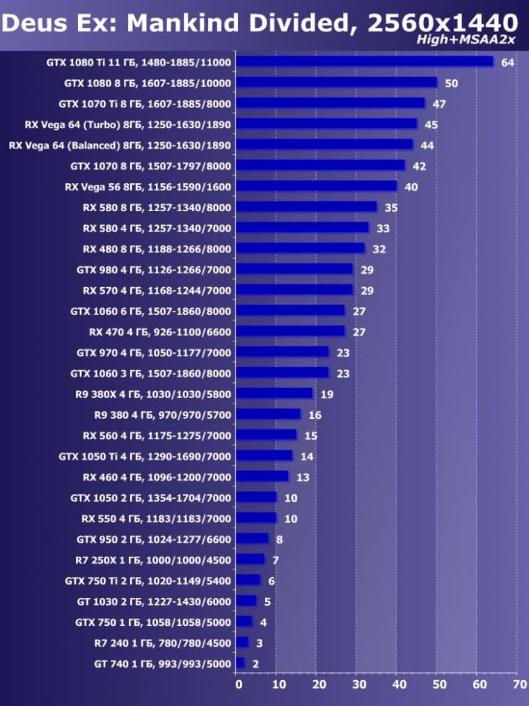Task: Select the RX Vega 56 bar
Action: [x=316, y=186]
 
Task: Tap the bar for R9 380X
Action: [x=274, y=394]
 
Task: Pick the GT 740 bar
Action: [x=240, y=663]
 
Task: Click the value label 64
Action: [x=507, y=63]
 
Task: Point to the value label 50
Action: [x=451, y=84]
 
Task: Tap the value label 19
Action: [x=326, y=394]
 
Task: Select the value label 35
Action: [x=390, y=208]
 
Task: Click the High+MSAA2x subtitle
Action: [x=466, y=40]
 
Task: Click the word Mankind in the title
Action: [x=175, y=22]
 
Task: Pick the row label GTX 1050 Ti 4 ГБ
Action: [x=145, y=456]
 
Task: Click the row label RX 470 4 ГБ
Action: [x=159, y=332]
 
